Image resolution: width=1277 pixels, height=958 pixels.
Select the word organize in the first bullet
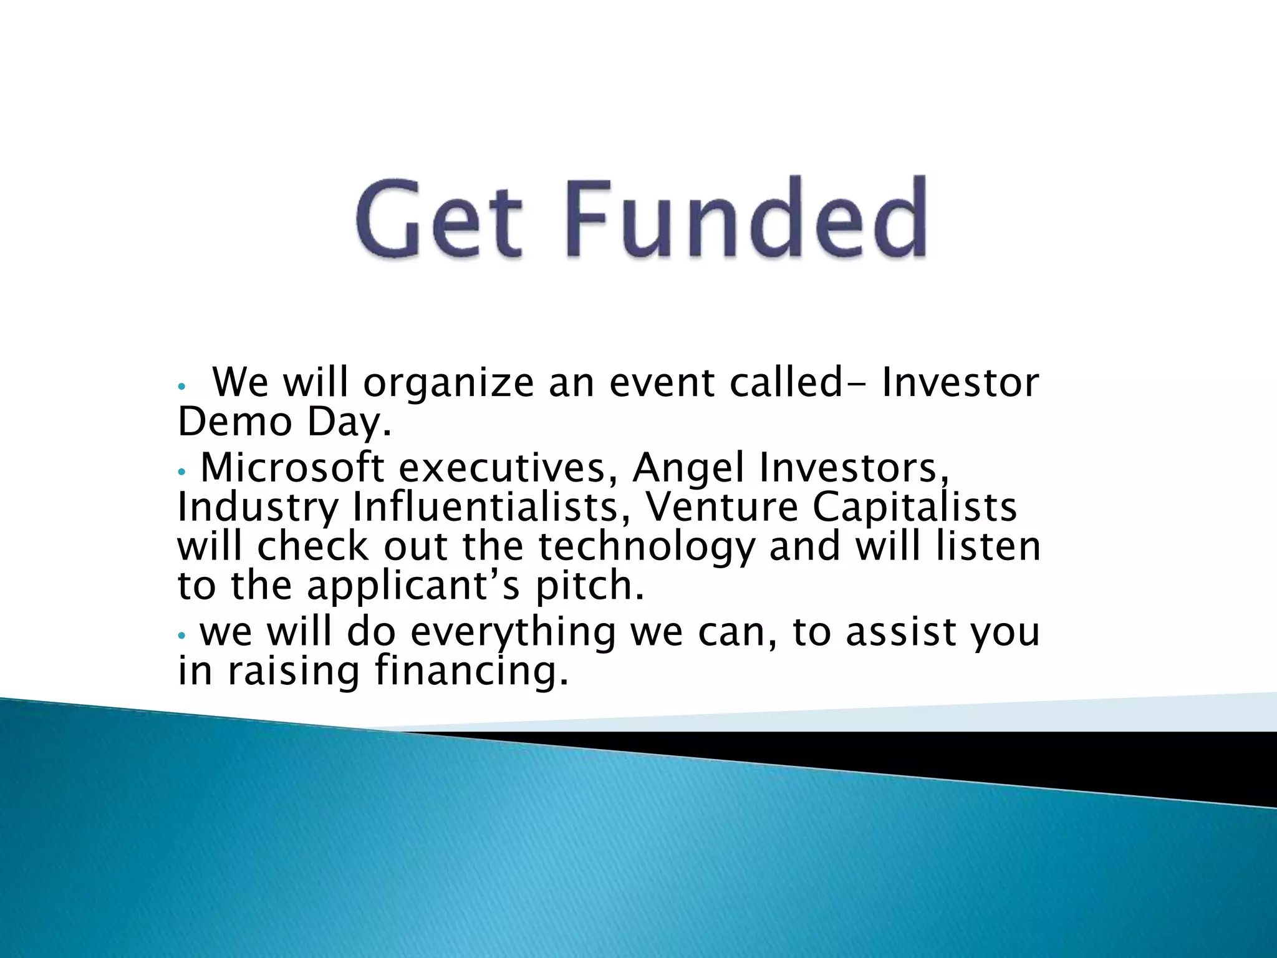448,382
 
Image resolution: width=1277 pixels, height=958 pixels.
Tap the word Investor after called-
960,382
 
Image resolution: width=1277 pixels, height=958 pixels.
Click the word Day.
349,423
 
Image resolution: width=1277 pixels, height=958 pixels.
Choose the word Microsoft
292,467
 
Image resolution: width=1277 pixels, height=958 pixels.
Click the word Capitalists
914,507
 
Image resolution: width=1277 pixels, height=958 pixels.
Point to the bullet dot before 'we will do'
181,636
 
